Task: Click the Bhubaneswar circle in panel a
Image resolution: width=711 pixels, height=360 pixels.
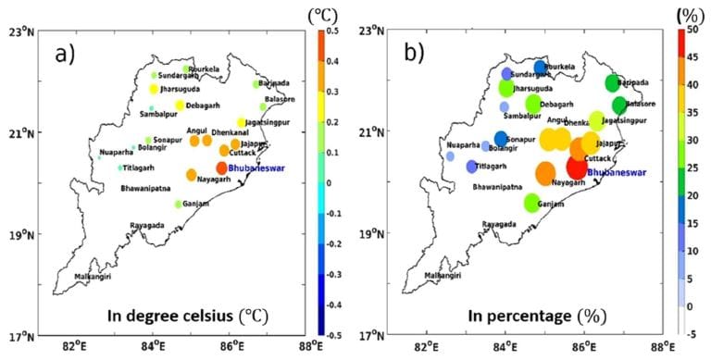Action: pyautogui.click(x=222, y=168)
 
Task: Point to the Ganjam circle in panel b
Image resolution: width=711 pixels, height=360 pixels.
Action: pyautogui.click(x=531, y=203)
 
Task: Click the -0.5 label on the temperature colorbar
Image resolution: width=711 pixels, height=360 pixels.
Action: pyautogui.click(x=331, y=334)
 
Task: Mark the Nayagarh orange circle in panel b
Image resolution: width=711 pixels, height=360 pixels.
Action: pyautogui.click(x=546, y=173)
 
